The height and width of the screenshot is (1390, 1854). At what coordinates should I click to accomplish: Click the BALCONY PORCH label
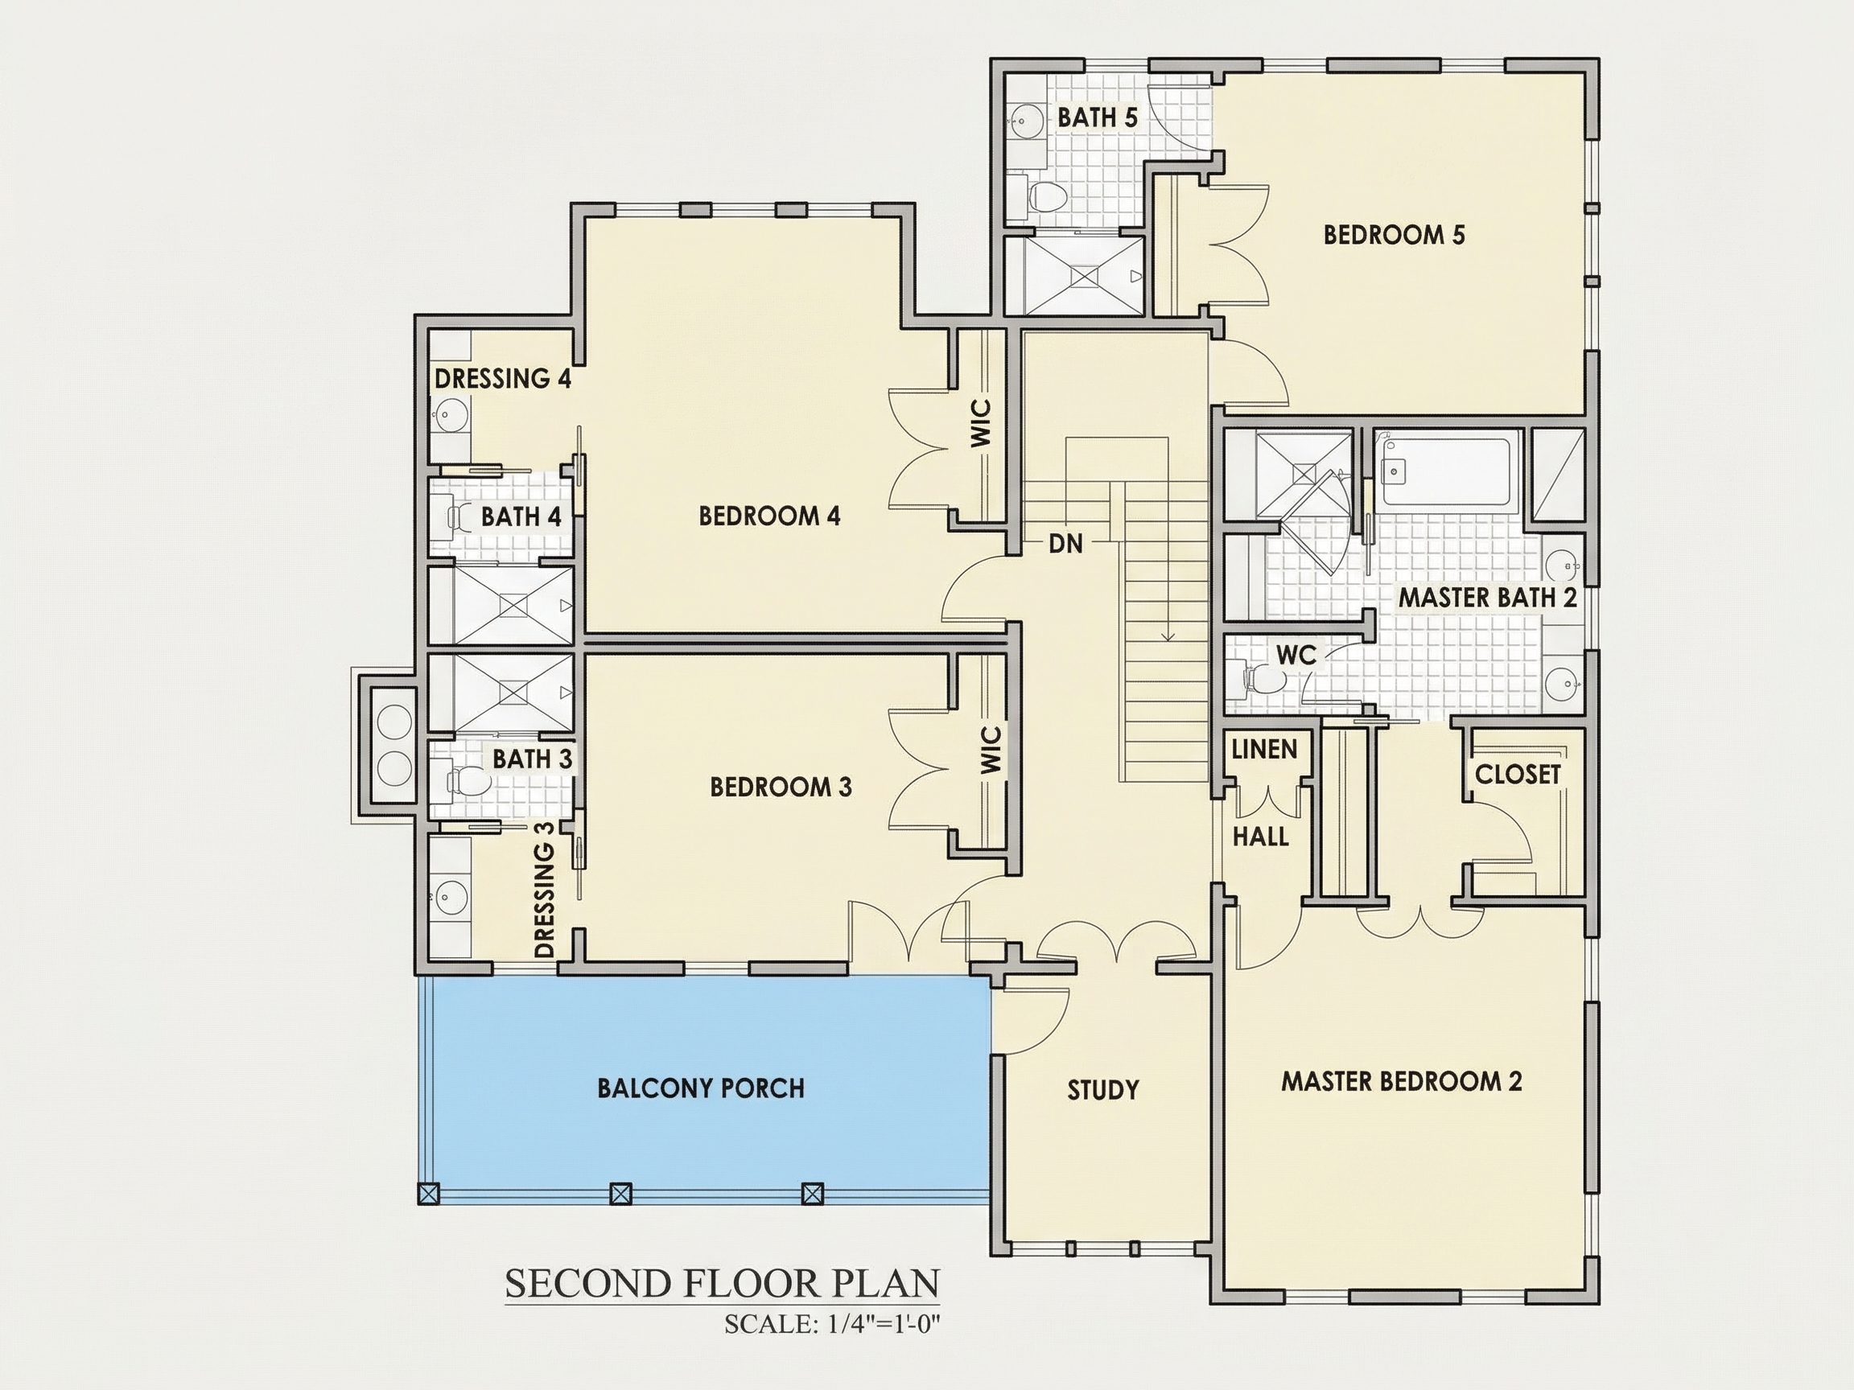pyautogui.click(x=701, y=1088)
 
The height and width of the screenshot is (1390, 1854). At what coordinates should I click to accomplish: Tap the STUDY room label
pyautogui.click(x=1103, y=1089)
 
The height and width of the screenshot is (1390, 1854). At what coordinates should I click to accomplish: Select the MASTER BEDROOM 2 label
pyautogui.click(x=1402, y=1081)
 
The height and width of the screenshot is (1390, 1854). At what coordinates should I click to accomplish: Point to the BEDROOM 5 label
pyautogui.click(x=1394, y=235)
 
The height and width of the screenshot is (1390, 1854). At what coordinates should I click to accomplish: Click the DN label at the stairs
pyautogui.click(x=1065, y=544)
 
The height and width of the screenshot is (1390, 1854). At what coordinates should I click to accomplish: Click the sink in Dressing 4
pyautogui.click(x=451, y=414)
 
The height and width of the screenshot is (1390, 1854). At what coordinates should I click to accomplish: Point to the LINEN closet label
pyautogui.click(x=1264, y=749)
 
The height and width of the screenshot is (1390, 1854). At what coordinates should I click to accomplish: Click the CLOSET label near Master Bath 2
pyautogui.click(x=1517, y=774)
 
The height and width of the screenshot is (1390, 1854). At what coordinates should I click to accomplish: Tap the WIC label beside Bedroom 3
pyautogui.click(x=991, y=750)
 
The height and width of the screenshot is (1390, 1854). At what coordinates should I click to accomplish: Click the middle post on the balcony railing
pyautogui.click(x=620, y=1193)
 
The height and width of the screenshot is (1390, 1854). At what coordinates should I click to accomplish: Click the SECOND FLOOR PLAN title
pyautogui.click(x=722, y=1284)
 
